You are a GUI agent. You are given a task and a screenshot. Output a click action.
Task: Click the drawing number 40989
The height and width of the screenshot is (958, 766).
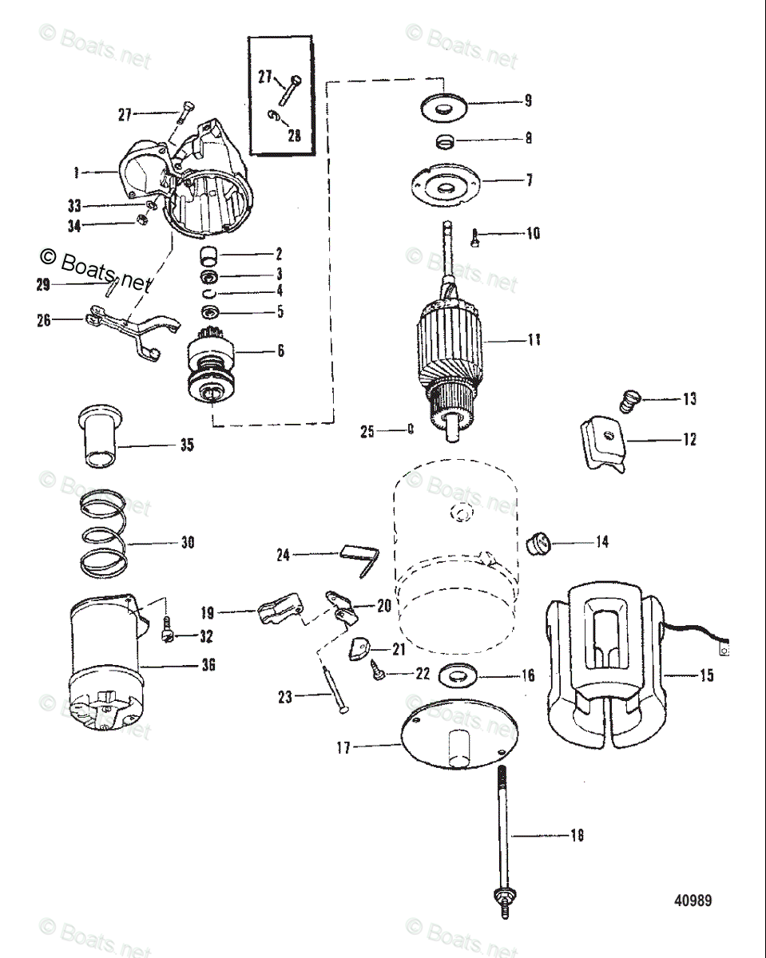coord(692,901)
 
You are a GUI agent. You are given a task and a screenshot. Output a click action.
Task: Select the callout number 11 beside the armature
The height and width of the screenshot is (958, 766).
coord(534,340)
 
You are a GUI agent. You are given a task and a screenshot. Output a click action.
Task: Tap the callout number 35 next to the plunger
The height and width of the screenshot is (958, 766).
coord(186,445)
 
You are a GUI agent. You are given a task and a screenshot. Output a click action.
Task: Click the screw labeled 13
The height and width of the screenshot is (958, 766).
coord(630,399)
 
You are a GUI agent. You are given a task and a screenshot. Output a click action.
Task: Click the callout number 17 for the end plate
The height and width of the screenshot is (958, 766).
coord(343,749)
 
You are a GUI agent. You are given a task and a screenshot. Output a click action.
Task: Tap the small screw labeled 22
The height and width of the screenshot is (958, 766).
coord(380,675)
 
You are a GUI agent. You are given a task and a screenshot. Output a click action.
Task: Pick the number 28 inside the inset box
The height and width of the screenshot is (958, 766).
coord(294,135)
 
